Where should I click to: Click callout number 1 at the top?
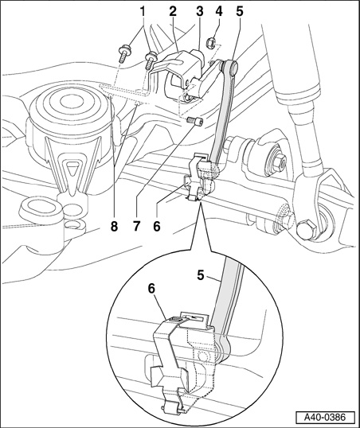pos(143,11)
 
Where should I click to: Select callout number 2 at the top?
pos(173,11)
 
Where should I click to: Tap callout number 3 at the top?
pos(200,11)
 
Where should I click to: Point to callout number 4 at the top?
pos(219,11)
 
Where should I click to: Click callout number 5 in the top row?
pos(240,11)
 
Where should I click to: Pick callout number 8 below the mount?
pos(114,226)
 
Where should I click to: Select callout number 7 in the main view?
pos(136,226)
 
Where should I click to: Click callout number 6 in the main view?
pos(157,226)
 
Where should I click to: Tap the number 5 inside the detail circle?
pos(201,275)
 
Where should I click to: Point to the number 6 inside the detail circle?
pos(151,289)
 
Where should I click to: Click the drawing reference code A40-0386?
pos(325,418)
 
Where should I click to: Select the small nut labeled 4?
pos(211,42)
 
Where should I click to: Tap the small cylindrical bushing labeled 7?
pos(194,120)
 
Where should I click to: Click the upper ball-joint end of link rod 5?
pos(230,66)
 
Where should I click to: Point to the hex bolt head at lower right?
pos(307,229)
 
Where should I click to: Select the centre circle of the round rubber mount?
pos(68,103)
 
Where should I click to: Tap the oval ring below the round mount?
pos(40,207)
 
